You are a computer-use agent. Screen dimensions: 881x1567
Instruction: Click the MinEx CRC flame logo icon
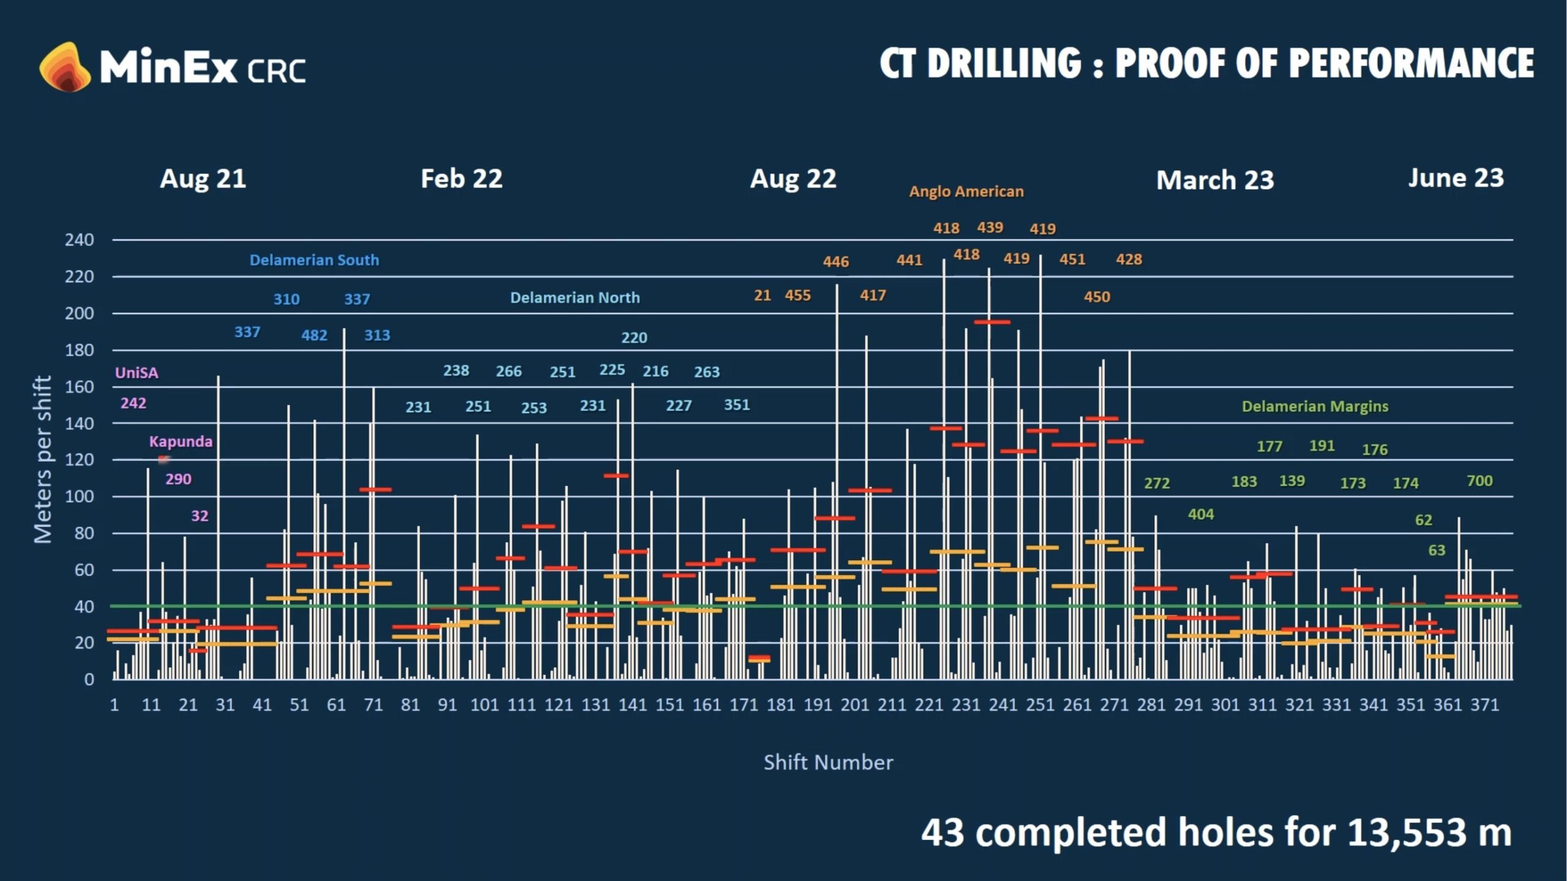65,67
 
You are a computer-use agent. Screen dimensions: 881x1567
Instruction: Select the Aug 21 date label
203,179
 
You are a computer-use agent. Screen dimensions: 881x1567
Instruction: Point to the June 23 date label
1456,178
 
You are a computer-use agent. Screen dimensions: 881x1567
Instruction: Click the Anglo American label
966,192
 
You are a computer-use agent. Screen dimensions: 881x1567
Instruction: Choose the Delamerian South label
314,260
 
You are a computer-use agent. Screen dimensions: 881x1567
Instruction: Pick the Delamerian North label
575,298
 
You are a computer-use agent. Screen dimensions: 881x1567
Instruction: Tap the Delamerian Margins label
1315,407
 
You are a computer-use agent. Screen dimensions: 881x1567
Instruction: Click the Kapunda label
181,441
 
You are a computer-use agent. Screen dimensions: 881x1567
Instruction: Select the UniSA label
137,373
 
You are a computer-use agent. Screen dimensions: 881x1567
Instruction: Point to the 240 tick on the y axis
80,240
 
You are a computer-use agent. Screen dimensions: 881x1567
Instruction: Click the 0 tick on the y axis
89,680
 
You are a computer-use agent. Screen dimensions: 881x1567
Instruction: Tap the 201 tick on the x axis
855,705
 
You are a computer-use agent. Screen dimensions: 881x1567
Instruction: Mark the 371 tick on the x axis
1484,705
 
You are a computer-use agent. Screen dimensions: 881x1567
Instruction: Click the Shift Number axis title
828,762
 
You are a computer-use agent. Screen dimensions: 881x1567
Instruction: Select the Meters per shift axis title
43,459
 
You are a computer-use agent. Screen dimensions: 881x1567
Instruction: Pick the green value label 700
1479,481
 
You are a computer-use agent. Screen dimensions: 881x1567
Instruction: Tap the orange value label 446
836,262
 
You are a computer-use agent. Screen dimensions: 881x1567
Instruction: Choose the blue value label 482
314,336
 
